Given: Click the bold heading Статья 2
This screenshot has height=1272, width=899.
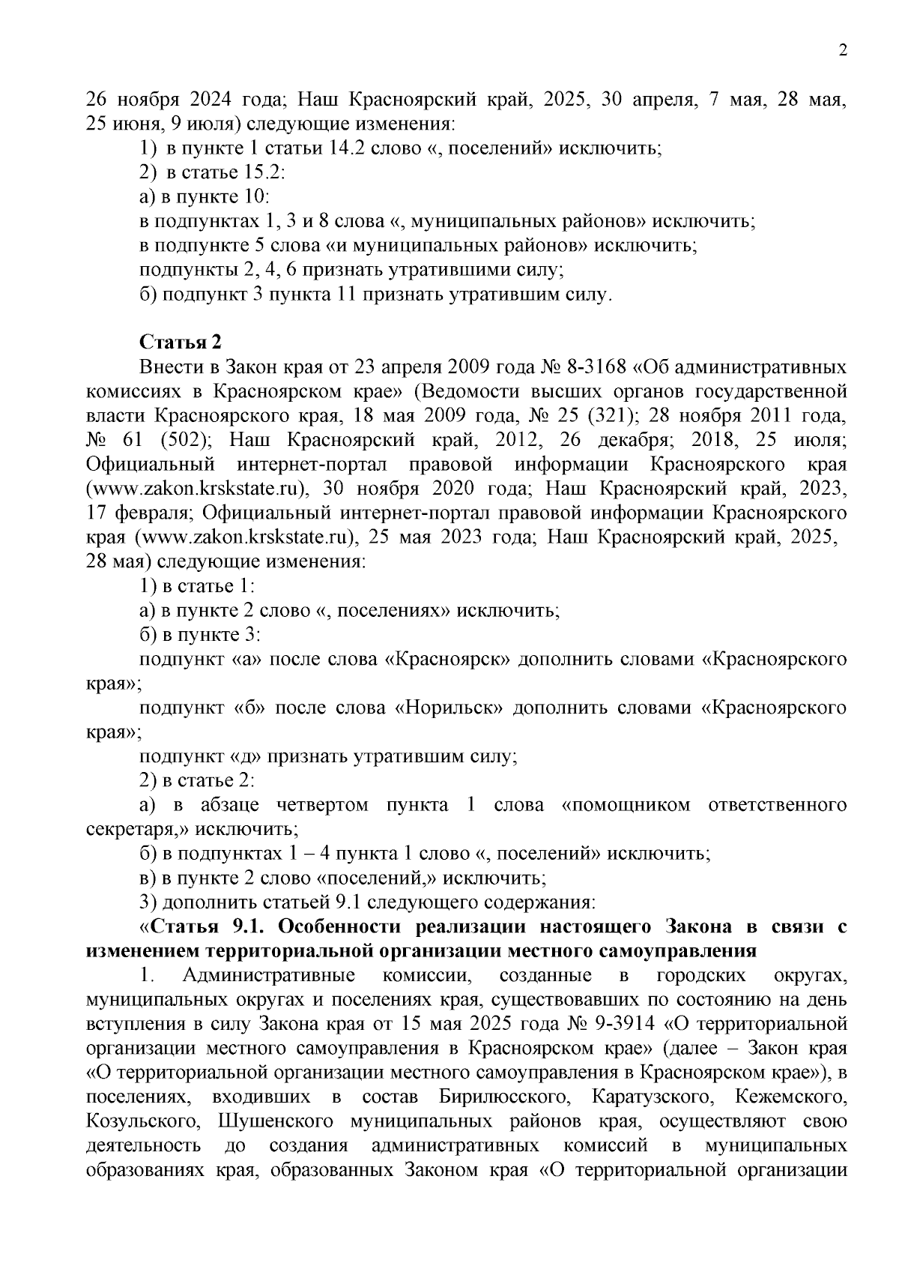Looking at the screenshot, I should [x=181, y=343].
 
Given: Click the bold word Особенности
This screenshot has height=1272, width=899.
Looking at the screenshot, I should [x=340, y=926].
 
